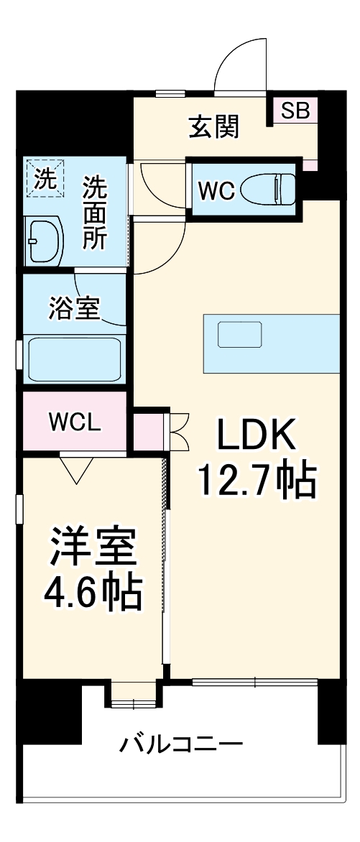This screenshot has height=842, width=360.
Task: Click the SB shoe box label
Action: click(x=295, y=111)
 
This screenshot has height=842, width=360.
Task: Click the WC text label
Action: click(x=216, y=191)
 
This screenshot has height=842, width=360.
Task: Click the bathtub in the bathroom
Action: click(x=74, y=360)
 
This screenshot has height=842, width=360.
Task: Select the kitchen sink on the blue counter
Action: click(x=240, y=336)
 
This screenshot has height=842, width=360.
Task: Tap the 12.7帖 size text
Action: click(x=257, y=481)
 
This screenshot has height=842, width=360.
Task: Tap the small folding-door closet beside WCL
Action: click(x=149, y=430)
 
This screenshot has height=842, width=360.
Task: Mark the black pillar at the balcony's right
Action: click(x=336, y=711)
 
